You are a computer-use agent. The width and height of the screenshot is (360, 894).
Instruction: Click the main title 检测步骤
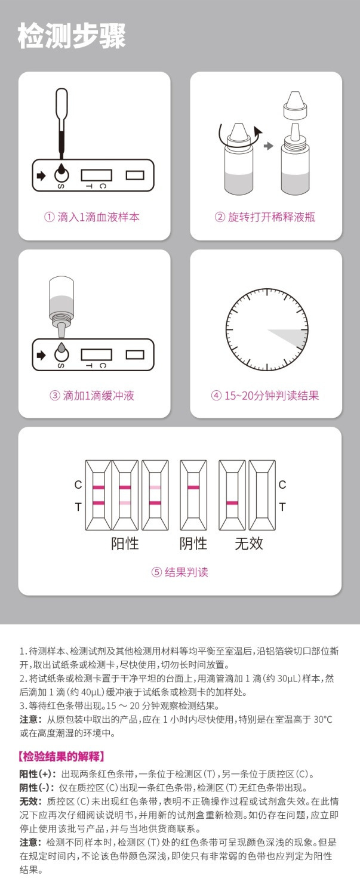[72, 37]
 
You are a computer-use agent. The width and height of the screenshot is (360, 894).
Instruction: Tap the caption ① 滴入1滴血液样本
[92, 217]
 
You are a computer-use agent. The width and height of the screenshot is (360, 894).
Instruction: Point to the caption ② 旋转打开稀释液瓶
[265, 217]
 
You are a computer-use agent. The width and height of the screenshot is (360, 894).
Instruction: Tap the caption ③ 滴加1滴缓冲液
[92, 395]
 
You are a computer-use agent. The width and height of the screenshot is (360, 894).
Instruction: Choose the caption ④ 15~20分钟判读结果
[265, 395]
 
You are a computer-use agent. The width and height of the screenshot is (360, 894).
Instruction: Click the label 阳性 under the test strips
[125, 544]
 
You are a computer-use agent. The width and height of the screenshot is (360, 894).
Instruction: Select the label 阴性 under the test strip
[193, 544]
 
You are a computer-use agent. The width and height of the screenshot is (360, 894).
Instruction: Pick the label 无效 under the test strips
[248, 544]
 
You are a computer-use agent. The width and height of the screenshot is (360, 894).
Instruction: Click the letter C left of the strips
[78, 485]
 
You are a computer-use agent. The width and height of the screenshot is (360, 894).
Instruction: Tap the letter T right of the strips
[282, 507]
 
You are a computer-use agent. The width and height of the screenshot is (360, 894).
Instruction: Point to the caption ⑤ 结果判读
[180, 572]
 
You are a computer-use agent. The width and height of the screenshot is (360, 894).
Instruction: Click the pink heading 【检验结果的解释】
[62, 757]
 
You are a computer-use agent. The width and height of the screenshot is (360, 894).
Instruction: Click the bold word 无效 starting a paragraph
[30, 802]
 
